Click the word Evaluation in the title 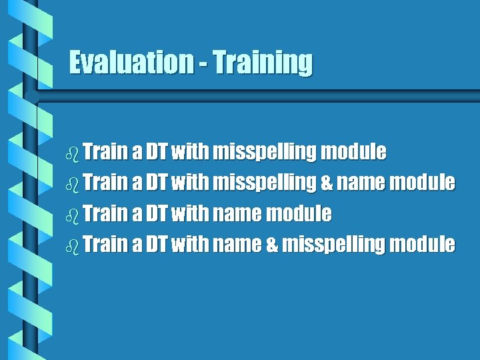point(131,62)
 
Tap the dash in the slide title point(202,64)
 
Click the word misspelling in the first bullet point(264,152)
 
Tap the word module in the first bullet point(353,151)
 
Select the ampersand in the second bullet point(326,182)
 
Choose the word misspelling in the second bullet point(264,183)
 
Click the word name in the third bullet point(237,213)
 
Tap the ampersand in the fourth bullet point(271,245)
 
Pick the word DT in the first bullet point(157,151)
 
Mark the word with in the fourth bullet point(189,244)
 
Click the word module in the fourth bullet point(422,244)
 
